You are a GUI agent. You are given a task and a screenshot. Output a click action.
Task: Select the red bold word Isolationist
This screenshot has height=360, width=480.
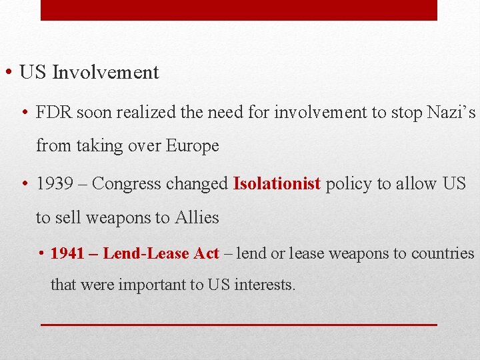277,184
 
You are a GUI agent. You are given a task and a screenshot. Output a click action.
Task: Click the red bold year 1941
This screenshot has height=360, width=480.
67,253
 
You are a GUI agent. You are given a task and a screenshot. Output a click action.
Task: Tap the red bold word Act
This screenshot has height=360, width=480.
206,253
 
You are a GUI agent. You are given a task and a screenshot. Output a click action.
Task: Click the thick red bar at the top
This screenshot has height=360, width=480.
239,10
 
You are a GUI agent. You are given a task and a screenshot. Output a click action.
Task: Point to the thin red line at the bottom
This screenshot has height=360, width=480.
239,324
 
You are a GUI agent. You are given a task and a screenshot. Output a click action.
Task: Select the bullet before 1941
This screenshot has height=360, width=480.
41,254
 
